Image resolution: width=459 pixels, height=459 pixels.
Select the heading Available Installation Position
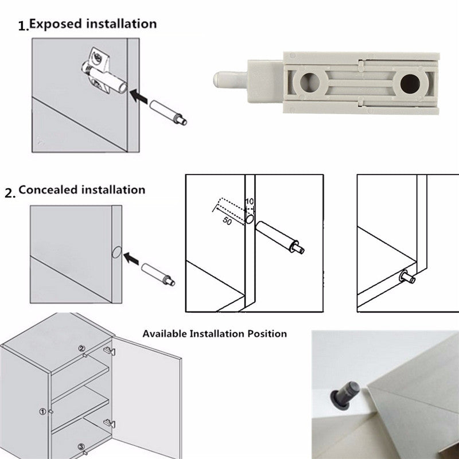coord(215,333)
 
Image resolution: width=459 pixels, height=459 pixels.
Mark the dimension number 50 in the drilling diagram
coord(226,221)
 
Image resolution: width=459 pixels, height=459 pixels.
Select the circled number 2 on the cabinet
coord(81,348)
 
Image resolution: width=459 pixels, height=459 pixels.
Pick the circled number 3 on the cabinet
coord(81,446)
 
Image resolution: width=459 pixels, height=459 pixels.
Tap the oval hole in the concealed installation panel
coord(114,252)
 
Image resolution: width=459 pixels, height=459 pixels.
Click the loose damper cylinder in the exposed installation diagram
coord(166,112)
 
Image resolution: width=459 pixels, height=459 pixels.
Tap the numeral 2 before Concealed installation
coord(9,193)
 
